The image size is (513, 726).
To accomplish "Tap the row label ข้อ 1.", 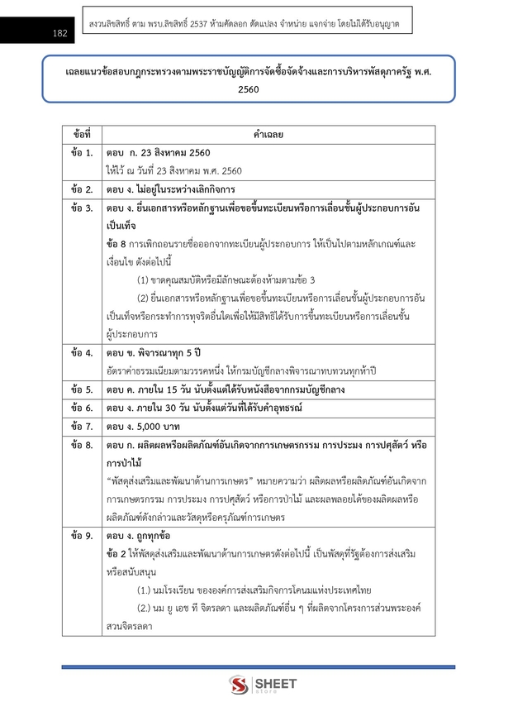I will (82, 154).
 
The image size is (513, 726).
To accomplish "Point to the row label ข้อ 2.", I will (82, 189).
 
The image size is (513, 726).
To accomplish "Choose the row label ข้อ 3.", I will (82, 208).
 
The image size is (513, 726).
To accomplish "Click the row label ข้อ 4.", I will (82, 353).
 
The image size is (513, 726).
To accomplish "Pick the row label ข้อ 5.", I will (82, 389).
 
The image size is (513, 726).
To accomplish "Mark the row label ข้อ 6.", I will (82, 408).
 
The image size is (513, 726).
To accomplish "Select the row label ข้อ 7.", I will (82, 427).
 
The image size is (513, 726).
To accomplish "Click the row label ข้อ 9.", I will (82, 536).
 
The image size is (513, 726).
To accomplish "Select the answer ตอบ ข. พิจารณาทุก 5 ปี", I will (153, 353).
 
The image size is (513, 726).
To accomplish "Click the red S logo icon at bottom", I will (239, 686).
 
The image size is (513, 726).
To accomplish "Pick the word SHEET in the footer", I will (272, 684).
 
